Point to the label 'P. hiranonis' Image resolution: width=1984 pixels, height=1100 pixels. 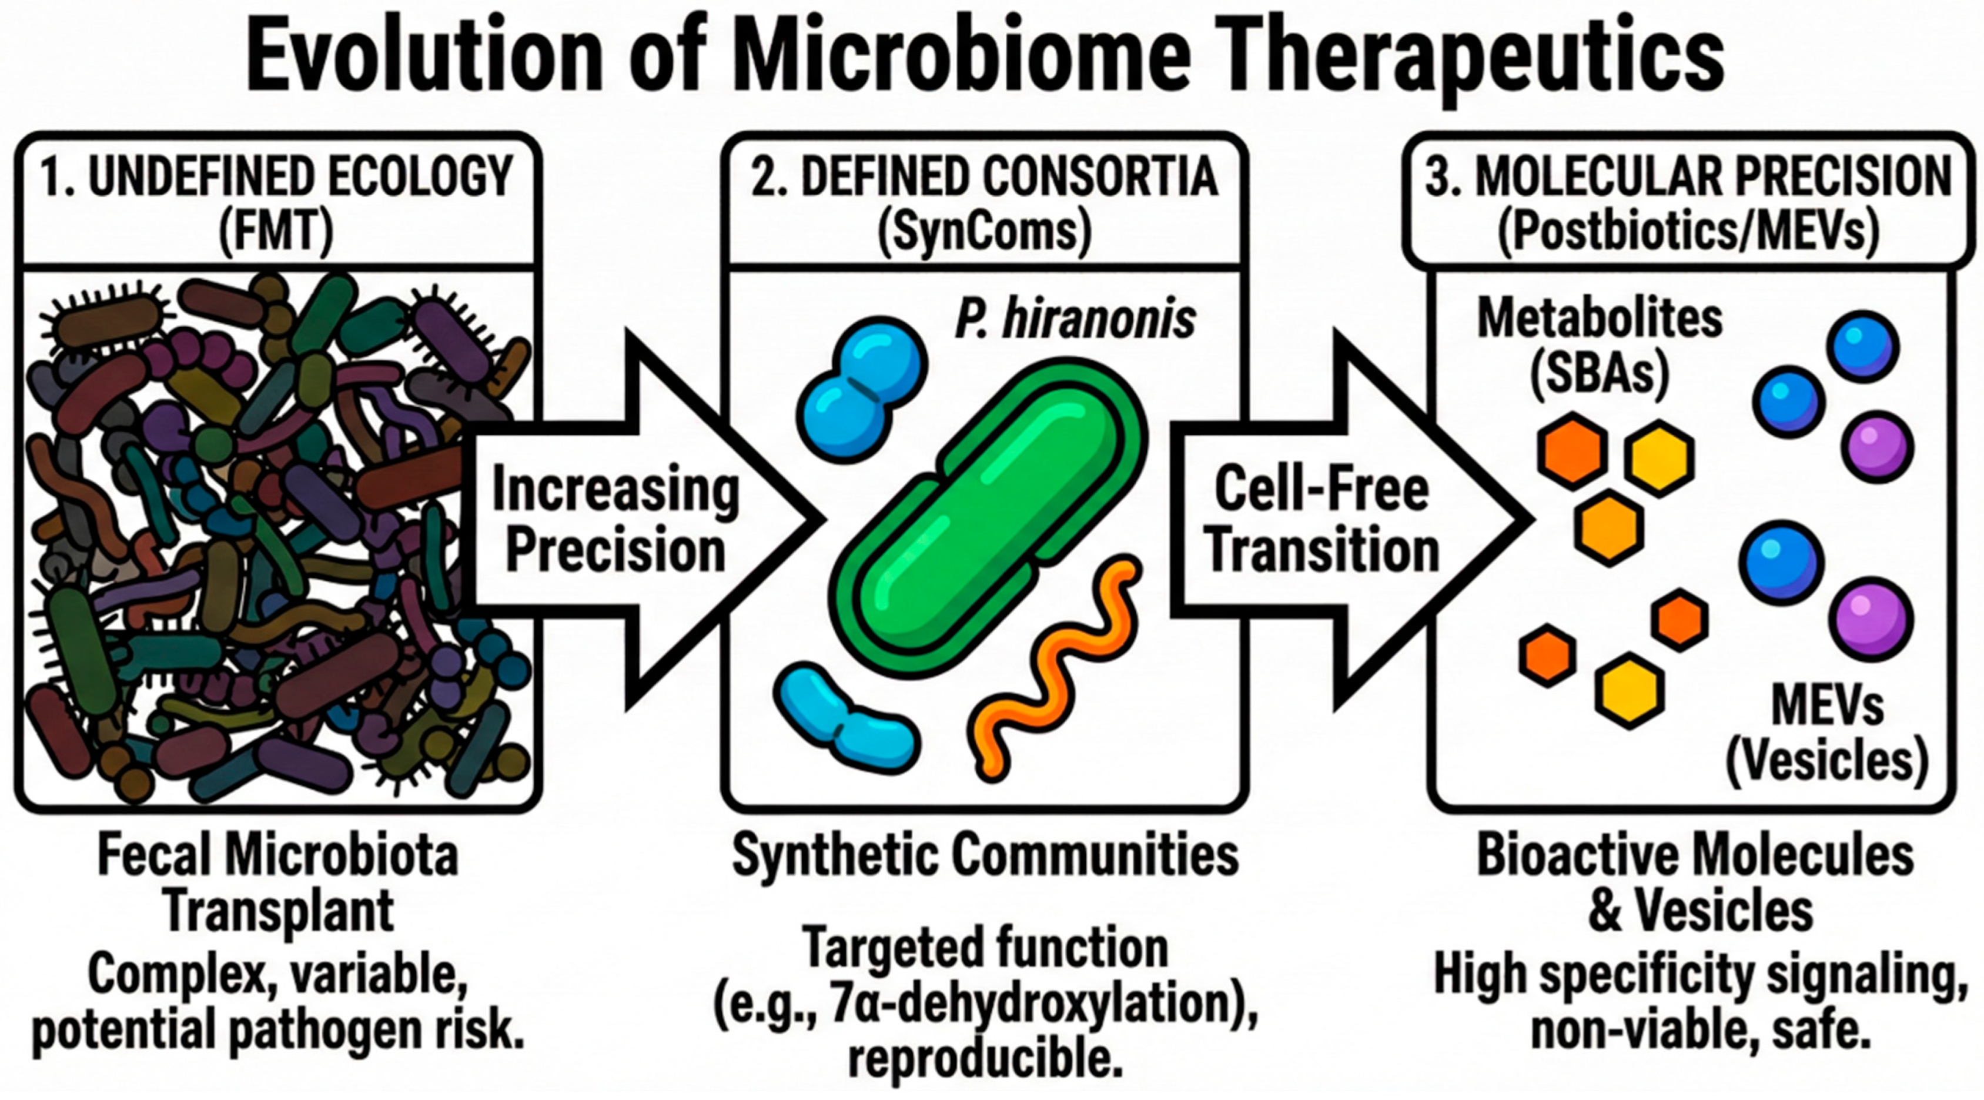(x=1075, y=320)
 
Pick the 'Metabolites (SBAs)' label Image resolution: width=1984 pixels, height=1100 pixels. (x=1599, y=347)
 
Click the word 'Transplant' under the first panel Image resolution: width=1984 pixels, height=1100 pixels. (x=279, y=911)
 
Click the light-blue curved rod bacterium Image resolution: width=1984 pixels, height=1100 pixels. (x=847, y=717)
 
